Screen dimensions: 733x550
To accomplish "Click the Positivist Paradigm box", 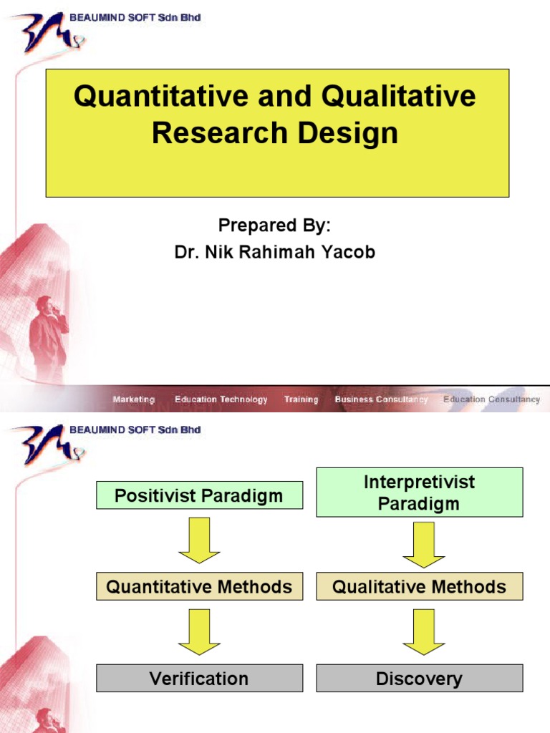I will coord(199,495).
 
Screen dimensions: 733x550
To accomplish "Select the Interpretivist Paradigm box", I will coord(419,492).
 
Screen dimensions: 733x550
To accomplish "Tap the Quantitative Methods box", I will coord(199,587).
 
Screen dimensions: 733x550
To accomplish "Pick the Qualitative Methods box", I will coord(419,587).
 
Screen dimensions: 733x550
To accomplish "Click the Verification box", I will coord(199,679).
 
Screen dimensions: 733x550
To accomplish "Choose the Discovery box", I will coord(419,679).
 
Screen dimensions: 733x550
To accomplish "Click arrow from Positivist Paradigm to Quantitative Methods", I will coord(199,540).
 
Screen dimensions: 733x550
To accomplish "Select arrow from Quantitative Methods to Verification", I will coord(199,632).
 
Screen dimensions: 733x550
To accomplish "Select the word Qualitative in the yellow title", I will coord(399,96).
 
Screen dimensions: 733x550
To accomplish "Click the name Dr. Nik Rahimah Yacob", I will coord(275,252).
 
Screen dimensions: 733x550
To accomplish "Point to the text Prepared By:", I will coord(274,225).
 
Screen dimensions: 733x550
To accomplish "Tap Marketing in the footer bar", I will coord(133,399).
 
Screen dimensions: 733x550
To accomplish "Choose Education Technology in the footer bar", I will coord(221,399).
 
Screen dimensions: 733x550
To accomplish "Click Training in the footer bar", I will coord(301,399).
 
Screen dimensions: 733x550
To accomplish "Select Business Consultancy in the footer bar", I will coord(381,399).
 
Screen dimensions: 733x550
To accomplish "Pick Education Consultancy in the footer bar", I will coord(491,399).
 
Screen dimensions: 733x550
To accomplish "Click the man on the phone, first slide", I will coord(49,336).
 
